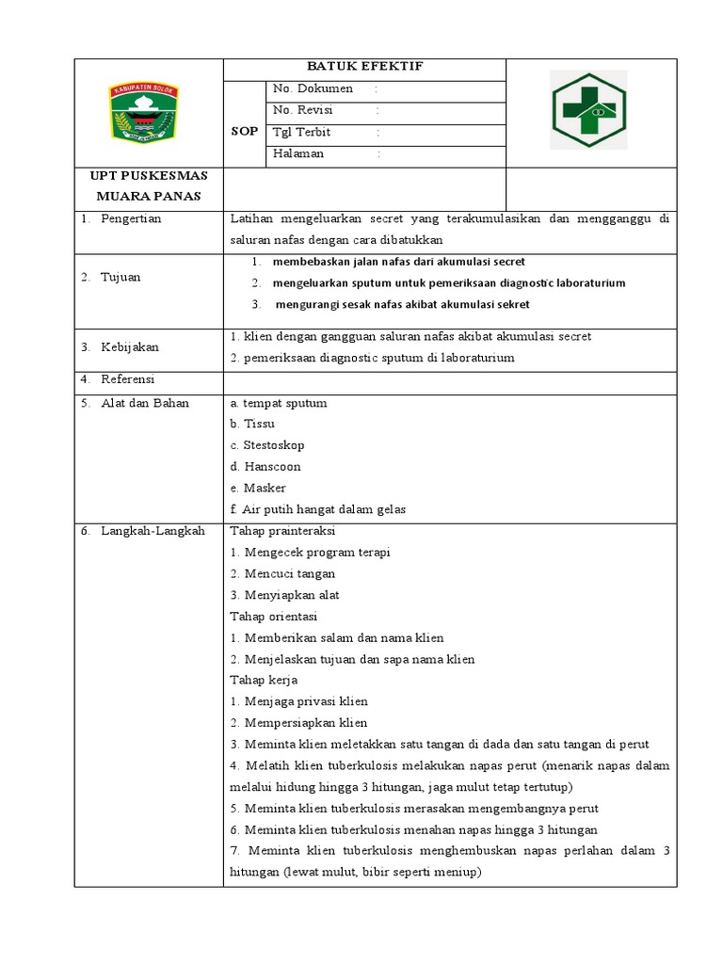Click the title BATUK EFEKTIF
(x=364, y=67)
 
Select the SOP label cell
(x=244, y=133)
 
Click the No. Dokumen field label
(x=313, y=88)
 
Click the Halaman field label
(x=298, y=153)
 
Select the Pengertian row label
(x=131, y=218)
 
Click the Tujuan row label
(x=120, y=277)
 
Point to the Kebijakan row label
(x=130, y=346)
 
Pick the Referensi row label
(x=128, y=379)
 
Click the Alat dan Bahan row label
(x=145, y=403)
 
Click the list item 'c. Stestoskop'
(x=266, y=445)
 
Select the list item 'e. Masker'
(x=257, y=488)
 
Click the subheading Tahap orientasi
(x=273, y=617)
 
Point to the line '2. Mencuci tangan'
(x=282, y=573)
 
